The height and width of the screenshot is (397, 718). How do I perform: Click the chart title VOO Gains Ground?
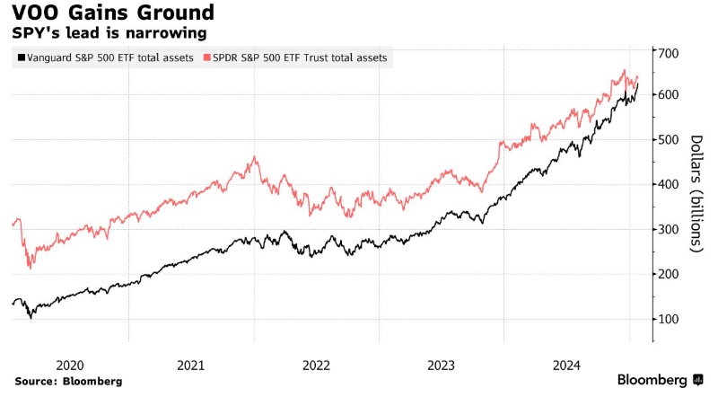(x=113, y=13)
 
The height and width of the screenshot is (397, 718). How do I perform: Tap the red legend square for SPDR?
(x=208, y=58)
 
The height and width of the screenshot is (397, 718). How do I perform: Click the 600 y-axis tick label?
(x=669, y=95)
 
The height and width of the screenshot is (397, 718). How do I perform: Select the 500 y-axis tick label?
(x=669, y=140)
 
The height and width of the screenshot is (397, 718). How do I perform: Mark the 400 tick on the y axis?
(x=669, y=185)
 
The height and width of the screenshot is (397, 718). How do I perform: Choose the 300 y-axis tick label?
(x=669, y=230)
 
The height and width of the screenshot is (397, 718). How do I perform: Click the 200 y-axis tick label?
(x=669, y=275)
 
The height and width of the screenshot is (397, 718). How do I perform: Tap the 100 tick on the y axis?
(x=669, y=320)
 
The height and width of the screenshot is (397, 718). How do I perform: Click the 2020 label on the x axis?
(x=70, y=365)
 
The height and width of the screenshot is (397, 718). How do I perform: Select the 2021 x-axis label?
(x=191, y=365)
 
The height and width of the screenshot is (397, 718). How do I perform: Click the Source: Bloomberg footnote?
(x=68, y=381)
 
